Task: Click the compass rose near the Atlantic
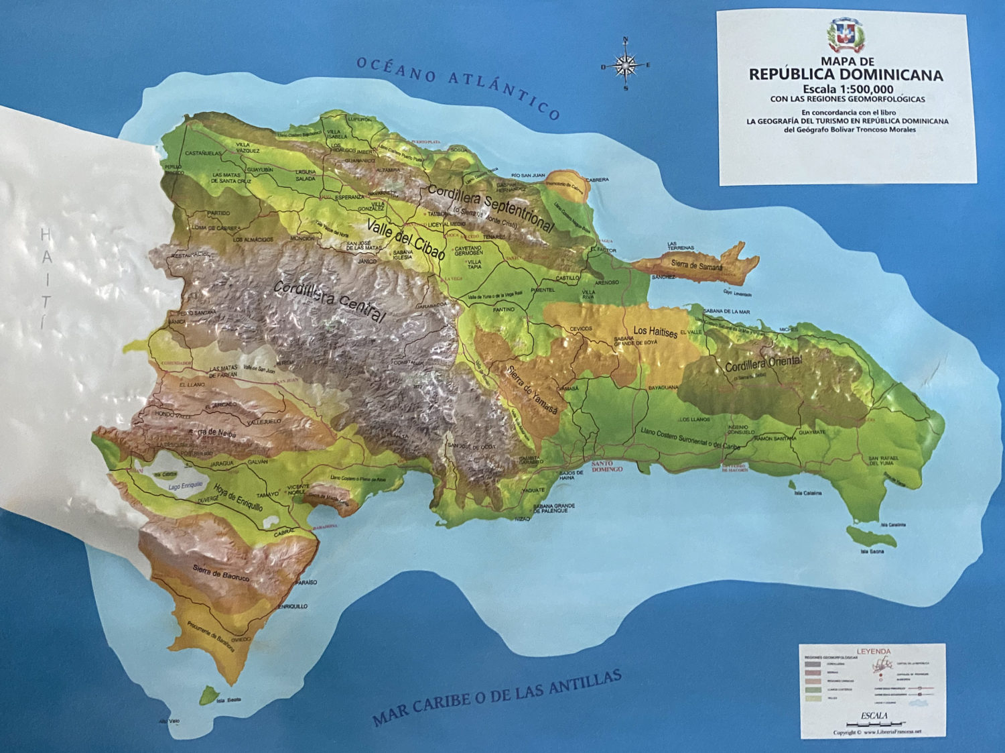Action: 625,65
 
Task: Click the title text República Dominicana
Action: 846,74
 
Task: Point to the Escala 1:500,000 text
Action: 847,89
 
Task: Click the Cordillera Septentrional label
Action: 490,207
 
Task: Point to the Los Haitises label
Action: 655,331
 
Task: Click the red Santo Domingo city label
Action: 607,466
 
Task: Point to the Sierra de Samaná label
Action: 697,266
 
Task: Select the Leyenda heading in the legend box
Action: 874,651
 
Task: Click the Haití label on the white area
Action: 45,278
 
